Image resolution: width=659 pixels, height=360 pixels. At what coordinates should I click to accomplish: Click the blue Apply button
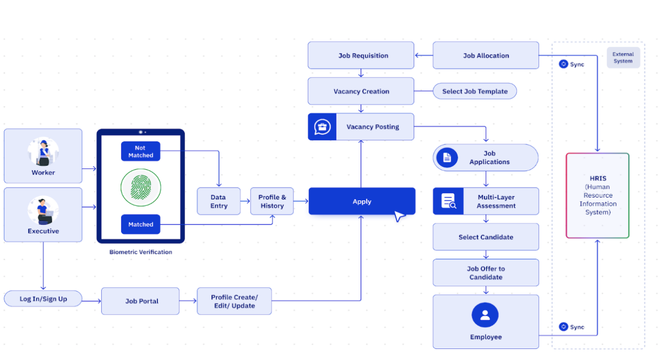coord(362,201)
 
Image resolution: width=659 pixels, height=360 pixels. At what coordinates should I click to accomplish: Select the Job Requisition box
coord(361,56)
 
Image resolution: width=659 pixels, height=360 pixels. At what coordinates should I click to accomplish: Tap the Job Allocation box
coord(486,56)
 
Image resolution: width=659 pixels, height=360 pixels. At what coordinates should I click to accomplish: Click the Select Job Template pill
coord(475,91)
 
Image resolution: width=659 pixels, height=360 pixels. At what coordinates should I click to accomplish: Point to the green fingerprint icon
coord(141,188)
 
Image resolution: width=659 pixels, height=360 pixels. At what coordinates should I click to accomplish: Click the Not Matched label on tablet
coord(141,151)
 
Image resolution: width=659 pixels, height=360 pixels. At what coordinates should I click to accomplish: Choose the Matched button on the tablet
coord(141,225)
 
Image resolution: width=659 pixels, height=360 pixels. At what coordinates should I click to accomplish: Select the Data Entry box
coord(219,201)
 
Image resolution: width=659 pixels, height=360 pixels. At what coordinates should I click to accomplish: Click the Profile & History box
coord(272,201)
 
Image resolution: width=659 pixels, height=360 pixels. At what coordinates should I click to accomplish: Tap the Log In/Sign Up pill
coord(43,299)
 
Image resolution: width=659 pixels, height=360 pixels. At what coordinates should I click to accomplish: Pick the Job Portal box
coord(140,301)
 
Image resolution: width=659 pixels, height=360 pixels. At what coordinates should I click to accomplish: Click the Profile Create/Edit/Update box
coord(234,301)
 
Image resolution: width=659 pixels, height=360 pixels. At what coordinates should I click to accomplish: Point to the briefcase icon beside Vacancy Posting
coord(322,127)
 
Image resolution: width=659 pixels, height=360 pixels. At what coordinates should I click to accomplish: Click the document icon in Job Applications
coord(447,158)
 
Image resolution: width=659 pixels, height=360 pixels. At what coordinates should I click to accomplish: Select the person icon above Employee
coord(485,315)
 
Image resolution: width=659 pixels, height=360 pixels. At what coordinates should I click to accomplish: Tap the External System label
coord(623,58)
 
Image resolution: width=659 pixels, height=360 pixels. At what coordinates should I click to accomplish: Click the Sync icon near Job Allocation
coord(563,64)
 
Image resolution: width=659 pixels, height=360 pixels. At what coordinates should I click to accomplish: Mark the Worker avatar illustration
coord(43,152)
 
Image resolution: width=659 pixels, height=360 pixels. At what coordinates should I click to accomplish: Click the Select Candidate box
coord(486,237)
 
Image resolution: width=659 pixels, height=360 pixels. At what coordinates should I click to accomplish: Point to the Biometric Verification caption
coord(141,252)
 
